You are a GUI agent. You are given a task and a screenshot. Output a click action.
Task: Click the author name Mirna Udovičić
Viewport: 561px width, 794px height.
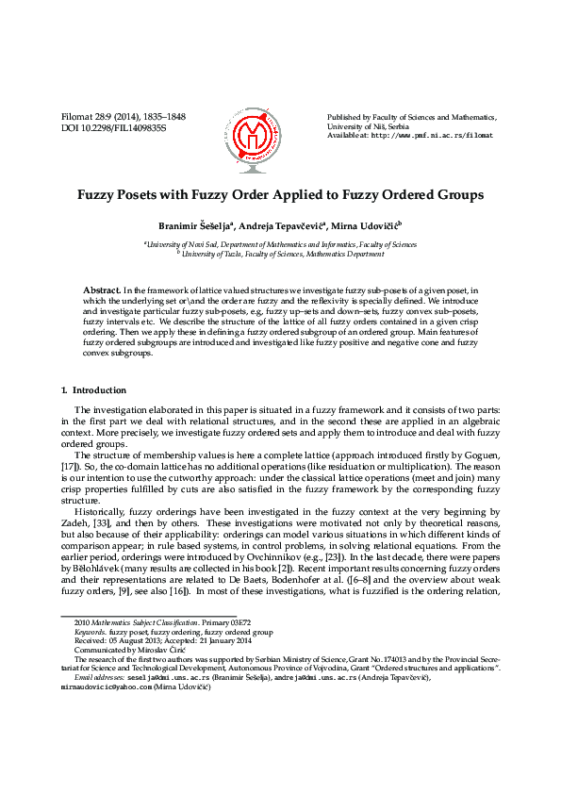pyautogui.click(x=368, y=225)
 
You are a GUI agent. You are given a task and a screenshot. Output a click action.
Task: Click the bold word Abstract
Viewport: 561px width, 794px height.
pyautogui.click(x=101, y=289)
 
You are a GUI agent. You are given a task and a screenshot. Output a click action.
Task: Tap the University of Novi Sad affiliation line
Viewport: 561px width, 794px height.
pyautogui.click(x=280, y=244)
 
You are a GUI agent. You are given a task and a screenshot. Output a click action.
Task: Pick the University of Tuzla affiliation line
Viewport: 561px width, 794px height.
pyautogui.click(x=280, y=255)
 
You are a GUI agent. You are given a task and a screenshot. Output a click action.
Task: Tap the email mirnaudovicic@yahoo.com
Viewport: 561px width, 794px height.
pyautogui.click(x=109, y=687)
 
